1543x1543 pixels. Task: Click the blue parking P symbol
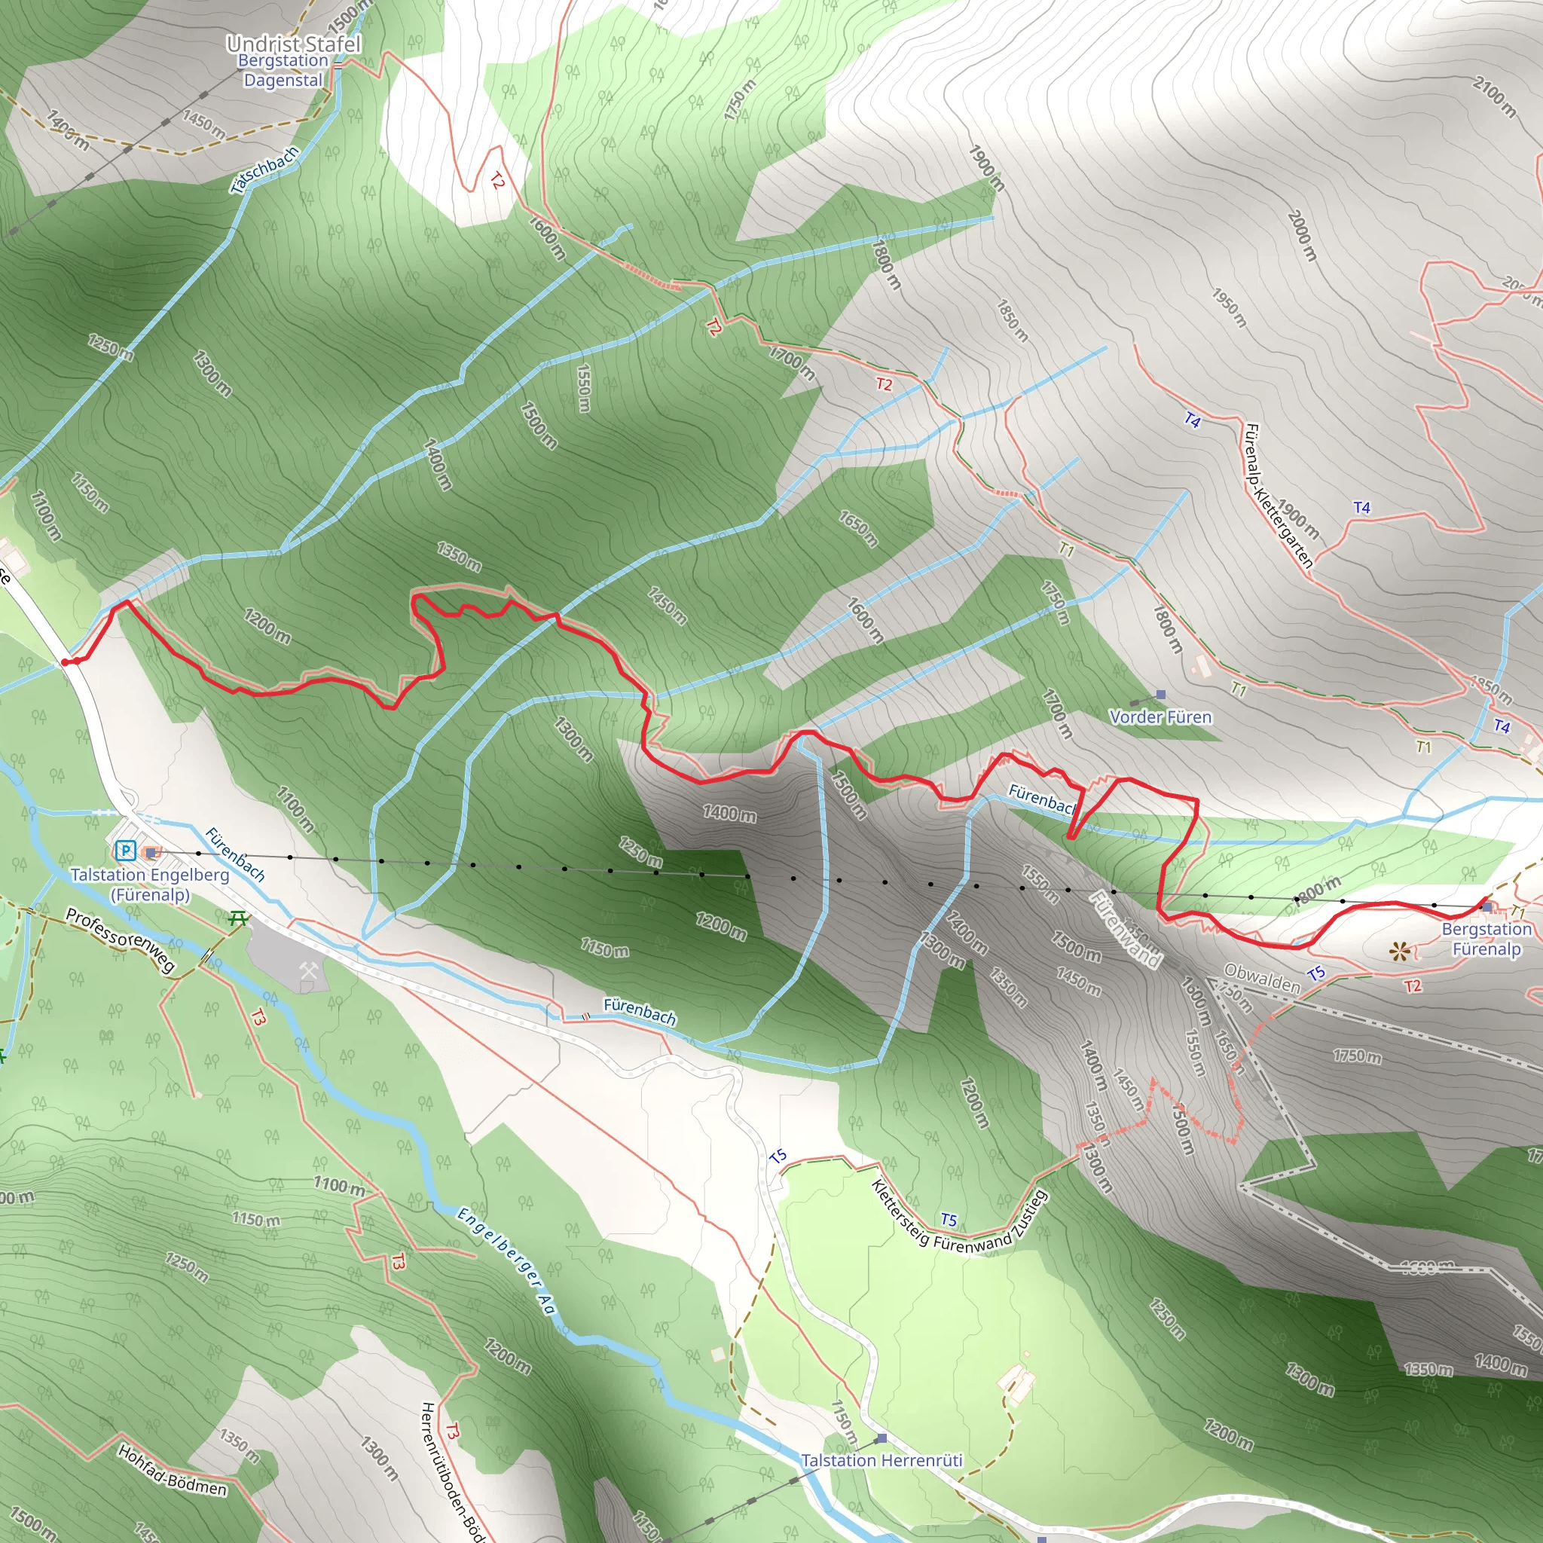[x=124, y=850]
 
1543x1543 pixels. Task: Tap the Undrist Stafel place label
[x=293, y=44]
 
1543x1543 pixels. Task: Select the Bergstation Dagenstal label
[x=283, y=70]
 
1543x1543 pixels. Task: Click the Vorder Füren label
[x=1160, y=717]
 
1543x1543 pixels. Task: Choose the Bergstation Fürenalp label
[x=1486, y=939]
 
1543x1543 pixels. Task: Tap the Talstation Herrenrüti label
[x=881, y=1460]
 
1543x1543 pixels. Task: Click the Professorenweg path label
[x=120, y=940]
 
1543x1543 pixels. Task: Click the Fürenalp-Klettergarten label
[x=1278, y=496]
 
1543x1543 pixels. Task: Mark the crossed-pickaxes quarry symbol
[x=308, y=970]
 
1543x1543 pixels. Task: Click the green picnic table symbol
[x=237, y=918]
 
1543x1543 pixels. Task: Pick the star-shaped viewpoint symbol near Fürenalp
[x=1398, y=950]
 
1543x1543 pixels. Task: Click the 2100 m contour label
[x=1493, y=96]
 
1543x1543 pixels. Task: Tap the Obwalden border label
[x=1262, y=977]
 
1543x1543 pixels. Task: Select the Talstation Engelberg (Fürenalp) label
[x=149, y=884]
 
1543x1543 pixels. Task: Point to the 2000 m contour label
[x=1302, y=235]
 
